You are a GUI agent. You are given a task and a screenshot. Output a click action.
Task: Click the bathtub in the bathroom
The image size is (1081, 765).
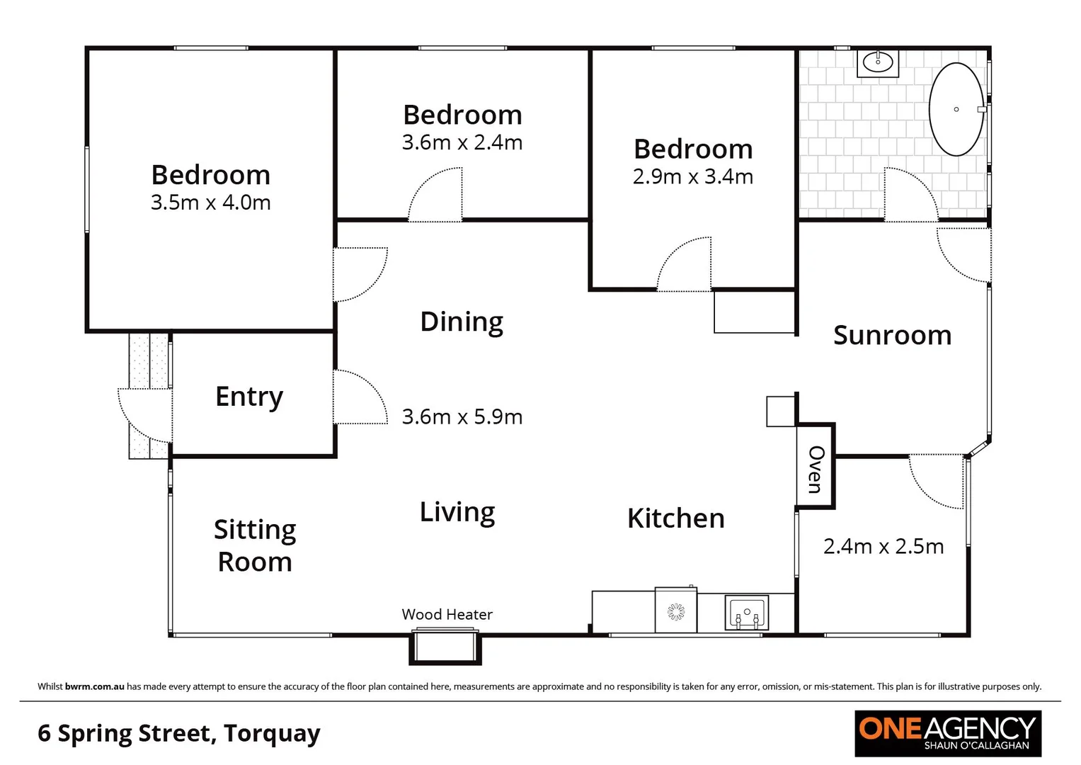(x=956, y=110)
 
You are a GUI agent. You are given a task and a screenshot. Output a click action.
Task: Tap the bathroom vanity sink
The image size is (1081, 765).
(x=878, y=62)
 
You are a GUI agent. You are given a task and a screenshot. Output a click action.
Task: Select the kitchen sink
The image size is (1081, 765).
(x=746, y=613)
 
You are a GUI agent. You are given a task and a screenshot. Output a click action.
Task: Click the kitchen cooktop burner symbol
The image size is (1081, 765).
(x=676, y=611)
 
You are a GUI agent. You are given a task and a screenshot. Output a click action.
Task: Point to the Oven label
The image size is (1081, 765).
(x=816, y=469)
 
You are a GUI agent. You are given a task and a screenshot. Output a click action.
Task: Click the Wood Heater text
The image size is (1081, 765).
(x=447, y=615)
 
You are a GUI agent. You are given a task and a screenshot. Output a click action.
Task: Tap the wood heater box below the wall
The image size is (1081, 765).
(x=445, y=647)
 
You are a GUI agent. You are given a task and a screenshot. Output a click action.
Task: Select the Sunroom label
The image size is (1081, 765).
(x=892, y=335)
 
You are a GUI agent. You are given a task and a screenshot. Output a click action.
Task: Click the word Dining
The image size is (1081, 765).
(x=462, y=322)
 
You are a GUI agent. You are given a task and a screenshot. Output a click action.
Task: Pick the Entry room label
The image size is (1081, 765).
(x=249, y=397)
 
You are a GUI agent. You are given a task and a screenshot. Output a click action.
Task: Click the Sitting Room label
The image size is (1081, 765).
(x=255, y=545)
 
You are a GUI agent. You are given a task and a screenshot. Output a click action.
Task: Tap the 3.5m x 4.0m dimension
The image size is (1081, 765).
(x=210, y=203)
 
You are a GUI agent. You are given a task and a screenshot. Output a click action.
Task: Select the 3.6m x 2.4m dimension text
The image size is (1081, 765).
(x=462, y=142)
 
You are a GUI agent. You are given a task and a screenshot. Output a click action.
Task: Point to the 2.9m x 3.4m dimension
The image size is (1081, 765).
(x=692, y=176)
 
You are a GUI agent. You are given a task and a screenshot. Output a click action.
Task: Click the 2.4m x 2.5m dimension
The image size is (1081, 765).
(x=883, y=546)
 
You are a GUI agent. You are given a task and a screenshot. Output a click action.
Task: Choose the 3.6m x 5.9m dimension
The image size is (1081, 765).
(x=462, y=416)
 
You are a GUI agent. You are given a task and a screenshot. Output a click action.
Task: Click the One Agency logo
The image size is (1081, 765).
(x=947, y=733)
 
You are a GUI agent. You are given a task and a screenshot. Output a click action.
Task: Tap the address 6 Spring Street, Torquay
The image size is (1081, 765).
(x=179, y=733)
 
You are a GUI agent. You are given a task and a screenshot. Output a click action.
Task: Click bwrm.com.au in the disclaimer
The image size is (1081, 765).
(x=94, y=686)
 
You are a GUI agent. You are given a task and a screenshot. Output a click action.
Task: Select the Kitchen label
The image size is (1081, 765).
(x=676, y=518)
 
